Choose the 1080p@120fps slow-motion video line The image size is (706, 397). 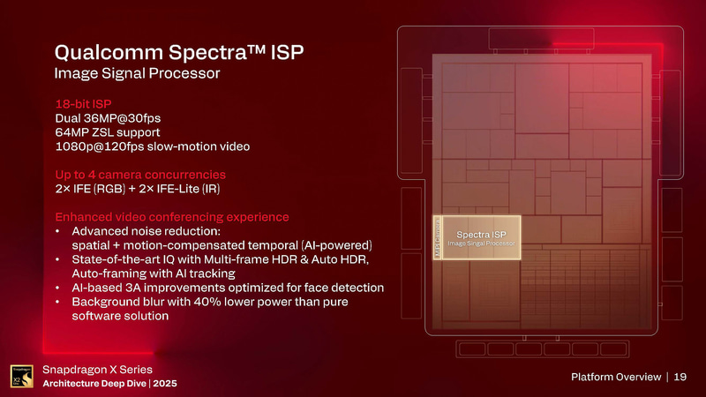point(153,146)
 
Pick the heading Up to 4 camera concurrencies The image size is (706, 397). point(145,175)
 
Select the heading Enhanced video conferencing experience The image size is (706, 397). point(172,217)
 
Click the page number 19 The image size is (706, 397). point(680,378)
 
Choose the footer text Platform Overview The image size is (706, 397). point(616,378)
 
